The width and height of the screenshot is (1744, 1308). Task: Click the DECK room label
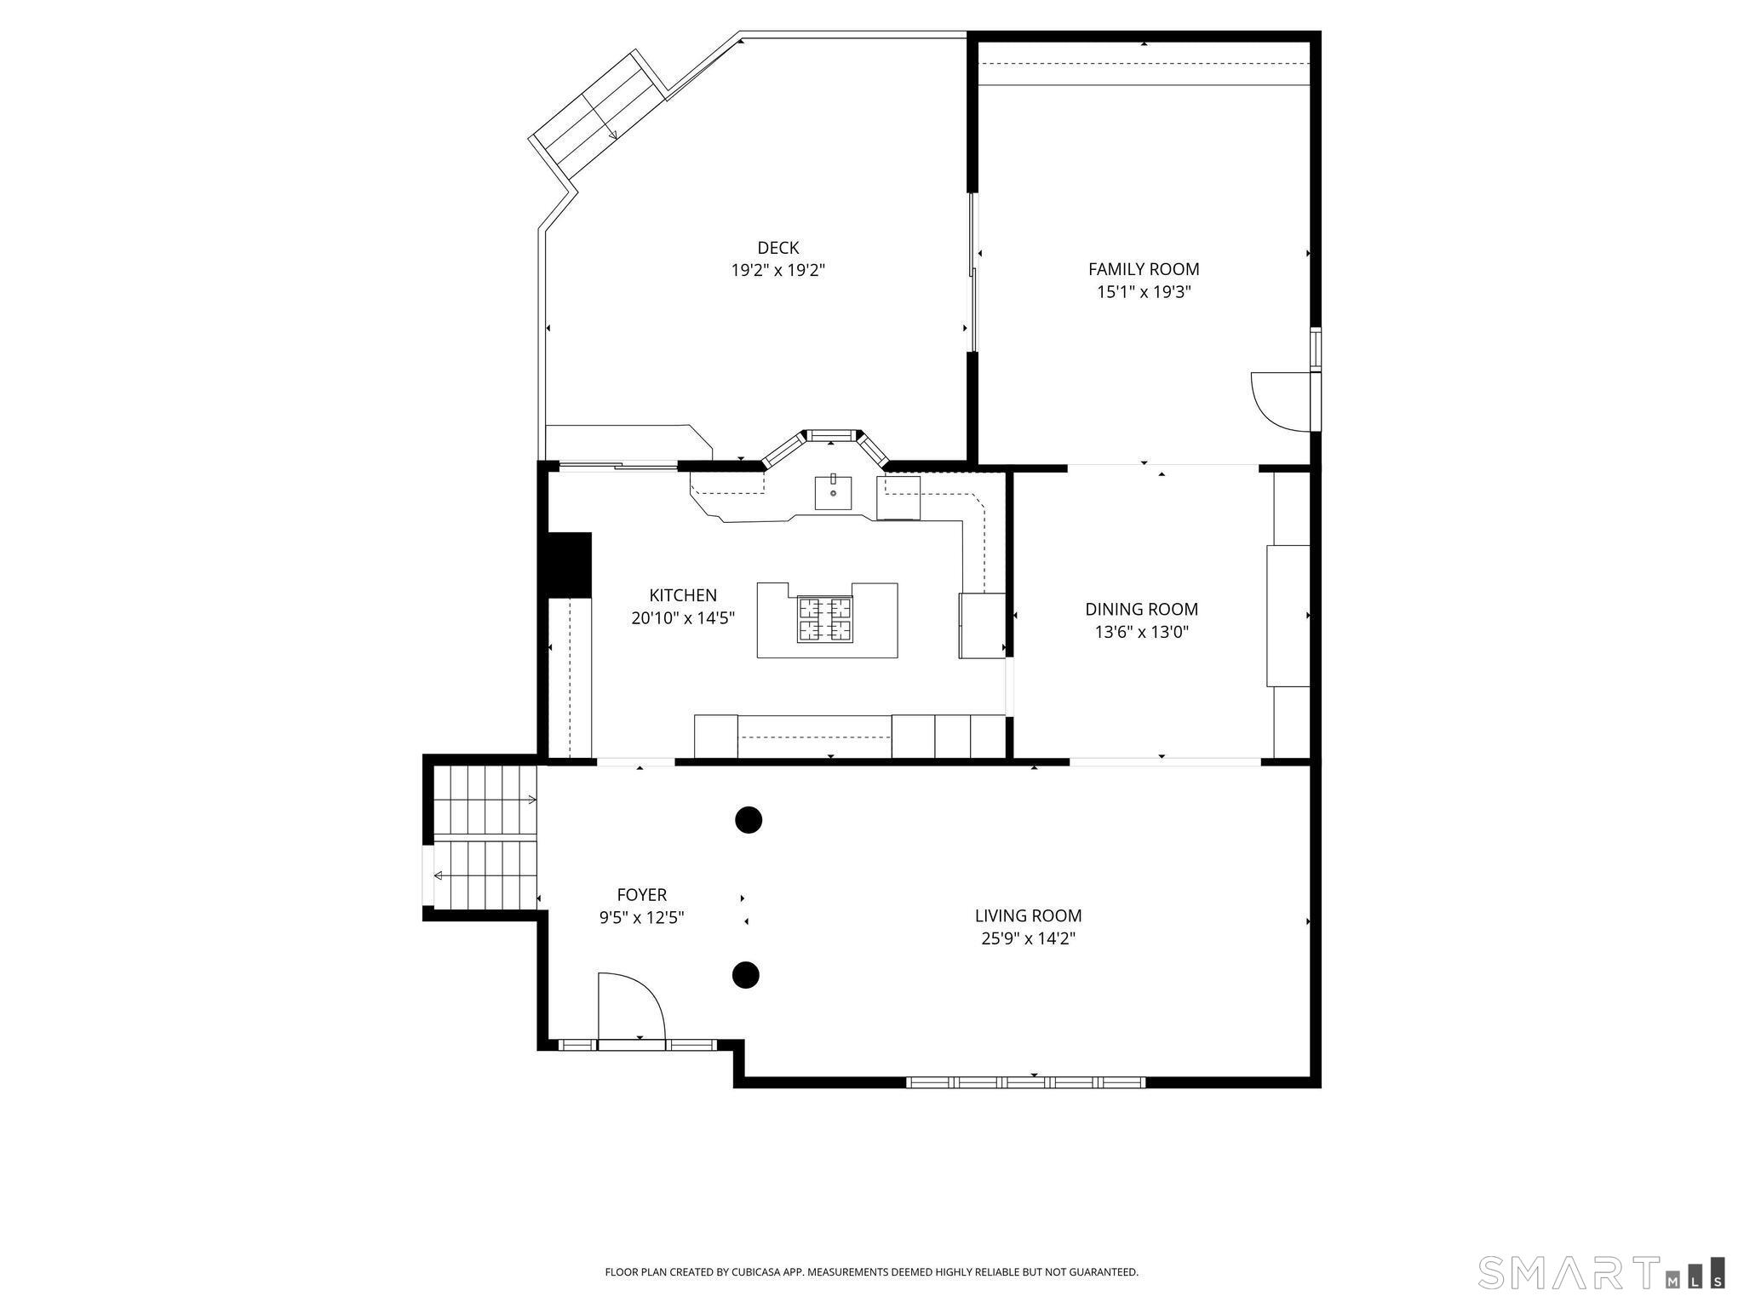pos(777,248)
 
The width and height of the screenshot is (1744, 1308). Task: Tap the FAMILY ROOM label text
pos(1143,269)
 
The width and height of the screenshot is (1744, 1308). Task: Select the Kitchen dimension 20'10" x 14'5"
pos(682,618)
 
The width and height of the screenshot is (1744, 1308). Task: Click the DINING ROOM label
pos(1141,609)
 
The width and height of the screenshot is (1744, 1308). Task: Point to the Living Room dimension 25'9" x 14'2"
pos(1028,938)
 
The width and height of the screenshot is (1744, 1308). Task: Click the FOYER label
pos(641,894)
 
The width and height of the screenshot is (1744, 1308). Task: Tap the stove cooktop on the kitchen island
pos(824,619)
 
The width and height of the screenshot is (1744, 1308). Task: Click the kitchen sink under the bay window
pos(833,492)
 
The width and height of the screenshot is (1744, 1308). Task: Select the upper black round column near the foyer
pos(748,820)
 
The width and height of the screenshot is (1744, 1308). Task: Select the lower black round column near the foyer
pos(746,974)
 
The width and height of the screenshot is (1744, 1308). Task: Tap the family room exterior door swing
pos(1280,400)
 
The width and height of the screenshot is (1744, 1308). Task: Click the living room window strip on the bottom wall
pos(1025,1082)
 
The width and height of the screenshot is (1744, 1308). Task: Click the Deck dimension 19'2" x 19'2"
pos(777,271)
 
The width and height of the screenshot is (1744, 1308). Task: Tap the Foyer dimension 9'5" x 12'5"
pos(641,918)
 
